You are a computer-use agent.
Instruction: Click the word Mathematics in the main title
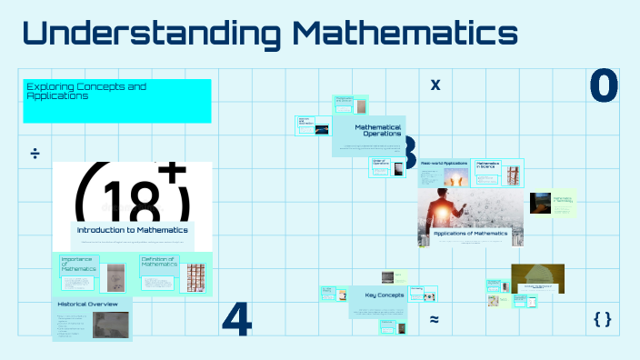tap(406, 34)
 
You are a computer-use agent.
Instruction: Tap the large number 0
tap(604, 85)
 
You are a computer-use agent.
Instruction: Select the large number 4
tap(236, 317)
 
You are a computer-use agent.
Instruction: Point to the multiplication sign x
tap(435, 85)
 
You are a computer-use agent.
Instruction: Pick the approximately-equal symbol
tap(435, 319)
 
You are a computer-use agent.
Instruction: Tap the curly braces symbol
tap(602, 318)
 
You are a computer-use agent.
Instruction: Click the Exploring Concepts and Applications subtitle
tap(86, 90)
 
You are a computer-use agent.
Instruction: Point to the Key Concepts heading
tap(383, 295)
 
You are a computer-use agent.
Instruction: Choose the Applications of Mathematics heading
tap(470, 234)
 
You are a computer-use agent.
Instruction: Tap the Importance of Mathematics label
tap(76, 264)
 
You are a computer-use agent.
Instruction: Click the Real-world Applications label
tap(444, 163)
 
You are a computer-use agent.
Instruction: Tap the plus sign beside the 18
tap(170, 172)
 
